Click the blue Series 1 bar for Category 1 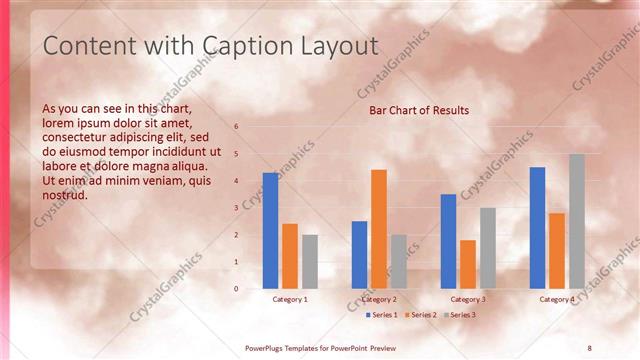(270, 231)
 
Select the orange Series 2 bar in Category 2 (379, 229)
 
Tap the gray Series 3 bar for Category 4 (577, 221)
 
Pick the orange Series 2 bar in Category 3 (468, 264)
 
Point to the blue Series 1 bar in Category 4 (538, 228)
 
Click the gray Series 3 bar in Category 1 (310, 262)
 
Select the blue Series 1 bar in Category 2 (359, 255)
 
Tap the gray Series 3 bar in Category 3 (488, 248)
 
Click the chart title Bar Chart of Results (419, 110)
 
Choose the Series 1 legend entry (382, 315)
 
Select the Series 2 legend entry (420, 315)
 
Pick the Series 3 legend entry (459, 315)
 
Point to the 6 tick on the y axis (237, 127)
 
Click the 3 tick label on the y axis (237, 208)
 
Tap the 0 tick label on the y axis (237, 289)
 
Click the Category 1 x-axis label (290, 300)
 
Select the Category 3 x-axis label (468, 300)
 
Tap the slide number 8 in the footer (589, 347)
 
